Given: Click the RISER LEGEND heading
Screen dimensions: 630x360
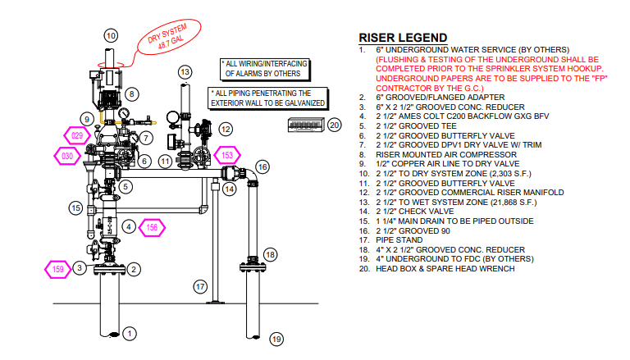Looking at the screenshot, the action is pos(403,38).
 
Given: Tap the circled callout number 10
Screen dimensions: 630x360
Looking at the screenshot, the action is pos(111,36).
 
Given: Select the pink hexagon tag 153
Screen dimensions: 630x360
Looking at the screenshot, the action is pos(227,155).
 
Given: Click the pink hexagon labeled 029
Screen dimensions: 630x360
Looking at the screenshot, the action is pos(77,135).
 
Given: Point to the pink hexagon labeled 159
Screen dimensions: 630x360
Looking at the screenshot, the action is pos(58,269).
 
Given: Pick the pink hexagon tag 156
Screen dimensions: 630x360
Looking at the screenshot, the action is pos(152,228).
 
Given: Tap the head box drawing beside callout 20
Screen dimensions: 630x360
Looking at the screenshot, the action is pos(306,125).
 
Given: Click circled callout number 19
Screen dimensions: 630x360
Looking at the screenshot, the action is pos(276,339).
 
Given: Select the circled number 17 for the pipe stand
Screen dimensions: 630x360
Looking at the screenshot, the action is pos(200,287).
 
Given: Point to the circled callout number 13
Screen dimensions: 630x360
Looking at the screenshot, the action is pos(185,72).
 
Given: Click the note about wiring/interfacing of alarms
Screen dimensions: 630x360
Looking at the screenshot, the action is pos(266,69).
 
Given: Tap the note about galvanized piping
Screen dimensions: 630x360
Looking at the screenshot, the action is pos(268,98).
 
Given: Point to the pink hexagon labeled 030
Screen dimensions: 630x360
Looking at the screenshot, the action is pos(67,156).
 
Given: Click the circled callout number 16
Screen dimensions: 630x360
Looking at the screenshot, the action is pos(262,167).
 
